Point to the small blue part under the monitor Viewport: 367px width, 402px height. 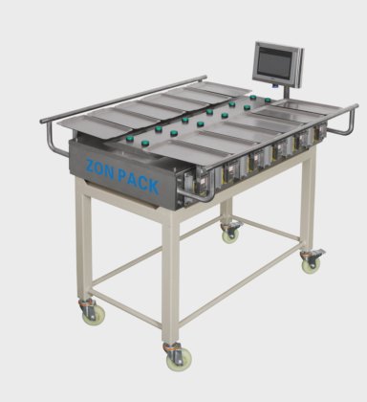click(x=274, y=85)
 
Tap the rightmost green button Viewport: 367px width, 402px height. click(x=268, y=100)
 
